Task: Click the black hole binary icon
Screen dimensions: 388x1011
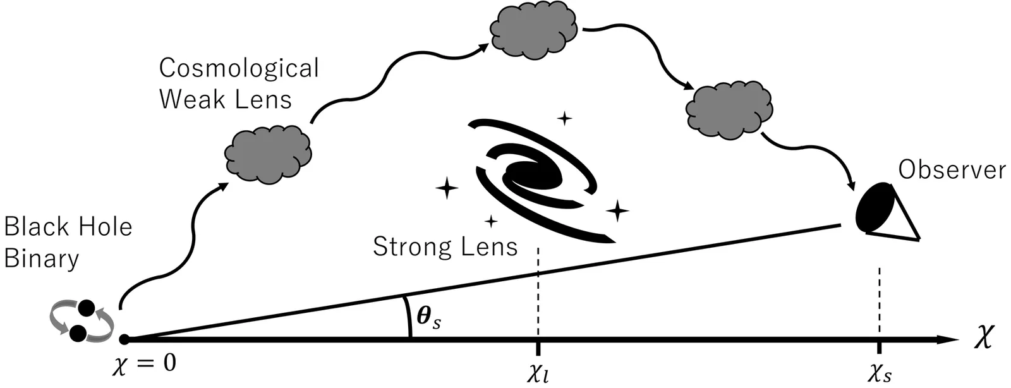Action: click(82, 321)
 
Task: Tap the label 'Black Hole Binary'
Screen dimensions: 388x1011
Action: click(68, 243)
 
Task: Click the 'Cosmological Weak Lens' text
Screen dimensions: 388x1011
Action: click(239, 83)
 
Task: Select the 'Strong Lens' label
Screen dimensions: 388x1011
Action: click(445, 246)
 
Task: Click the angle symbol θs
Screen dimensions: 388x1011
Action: click(429, 316)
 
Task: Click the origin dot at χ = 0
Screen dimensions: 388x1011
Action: click(124, 340)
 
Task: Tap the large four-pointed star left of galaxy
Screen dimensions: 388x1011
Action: click(447, 188)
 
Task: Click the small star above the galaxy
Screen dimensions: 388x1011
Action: click(564, 118)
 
